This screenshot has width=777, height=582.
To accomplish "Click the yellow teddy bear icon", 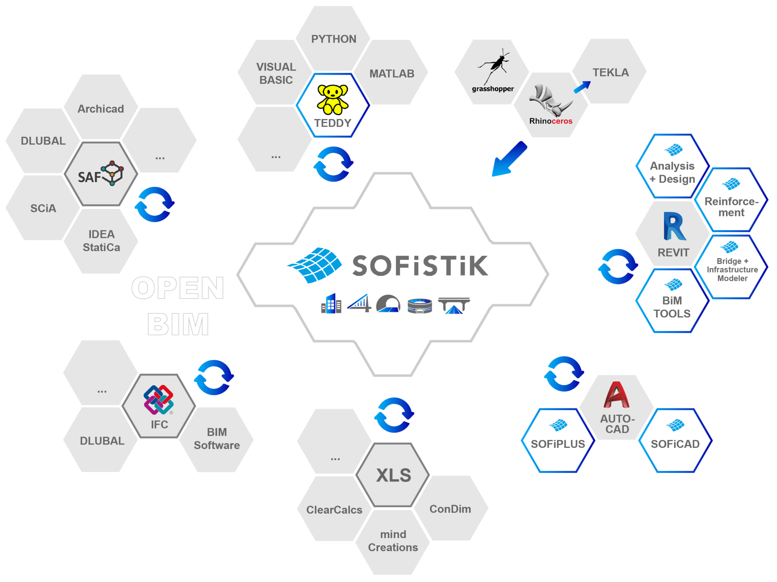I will point(332,99).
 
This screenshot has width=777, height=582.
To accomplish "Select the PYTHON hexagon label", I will point(333,39).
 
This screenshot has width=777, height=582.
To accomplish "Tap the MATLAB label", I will point(392,74).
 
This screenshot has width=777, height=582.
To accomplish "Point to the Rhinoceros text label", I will point(551,121).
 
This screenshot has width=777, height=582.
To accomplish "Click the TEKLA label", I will point(610,72).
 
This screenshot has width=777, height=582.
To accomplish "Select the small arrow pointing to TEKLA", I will point(582,87).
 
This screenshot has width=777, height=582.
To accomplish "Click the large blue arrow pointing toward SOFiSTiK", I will point(508,160).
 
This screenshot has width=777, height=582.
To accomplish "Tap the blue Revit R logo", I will point(674,226).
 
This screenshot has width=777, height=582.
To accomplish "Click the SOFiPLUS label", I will point(558,444).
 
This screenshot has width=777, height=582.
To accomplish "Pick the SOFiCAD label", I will point(675,444).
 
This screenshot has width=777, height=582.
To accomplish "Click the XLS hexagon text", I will point(393,475).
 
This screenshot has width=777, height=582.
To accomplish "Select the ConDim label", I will point(450,509).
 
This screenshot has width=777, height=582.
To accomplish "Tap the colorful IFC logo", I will point(159,400).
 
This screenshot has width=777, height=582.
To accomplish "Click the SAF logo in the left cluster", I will point(101,174).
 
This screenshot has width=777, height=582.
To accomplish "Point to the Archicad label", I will point(101,109).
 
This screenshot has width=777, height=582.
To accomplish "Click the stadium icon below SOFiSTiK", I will point(420,305).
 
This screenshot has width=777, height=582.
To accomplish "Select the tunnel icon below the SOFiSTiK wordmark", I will point(388,304).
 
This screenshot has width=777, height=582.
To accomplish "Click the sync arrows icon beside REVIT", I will point(618,266).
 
